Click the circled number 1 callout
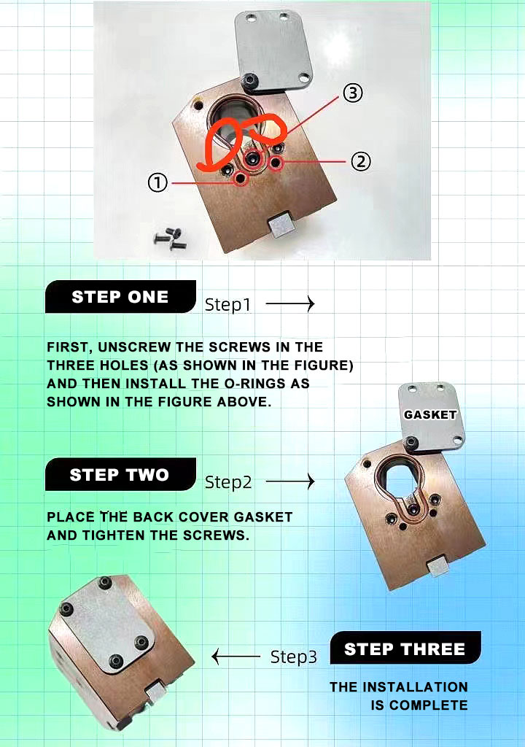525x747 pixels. click(x=157, y=182)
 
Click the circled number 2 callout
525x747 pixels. click(x=361, y=161)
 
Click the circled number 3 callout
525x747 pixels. click(x=352, y=93)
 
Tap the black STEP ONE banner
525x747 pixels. click(x=120, y=297)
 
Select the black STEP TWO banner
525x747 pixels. click(x=120, y=474)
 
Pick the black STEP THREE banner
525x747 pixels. click(x=405, y=648)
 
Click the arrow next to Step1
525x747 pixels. click(x=290, y=303)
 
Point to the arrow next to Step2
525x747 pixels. click(x=290, y=481)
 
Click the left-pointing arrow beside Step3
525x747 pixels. click(x=236, y=657)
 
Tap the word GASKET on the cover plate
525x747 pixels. click(x=430, y=415)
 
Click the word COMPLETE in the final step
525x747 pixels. click(x=428, y=705)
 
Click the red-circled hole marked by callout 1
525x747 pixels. click(x=241, y=178)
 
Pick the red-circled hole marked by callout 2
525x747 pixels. click(x=276, y=163)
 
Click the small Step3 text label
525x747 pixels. click(x=293, y=657)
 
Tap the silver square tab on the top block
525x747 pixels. click(x=281, y=225)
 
